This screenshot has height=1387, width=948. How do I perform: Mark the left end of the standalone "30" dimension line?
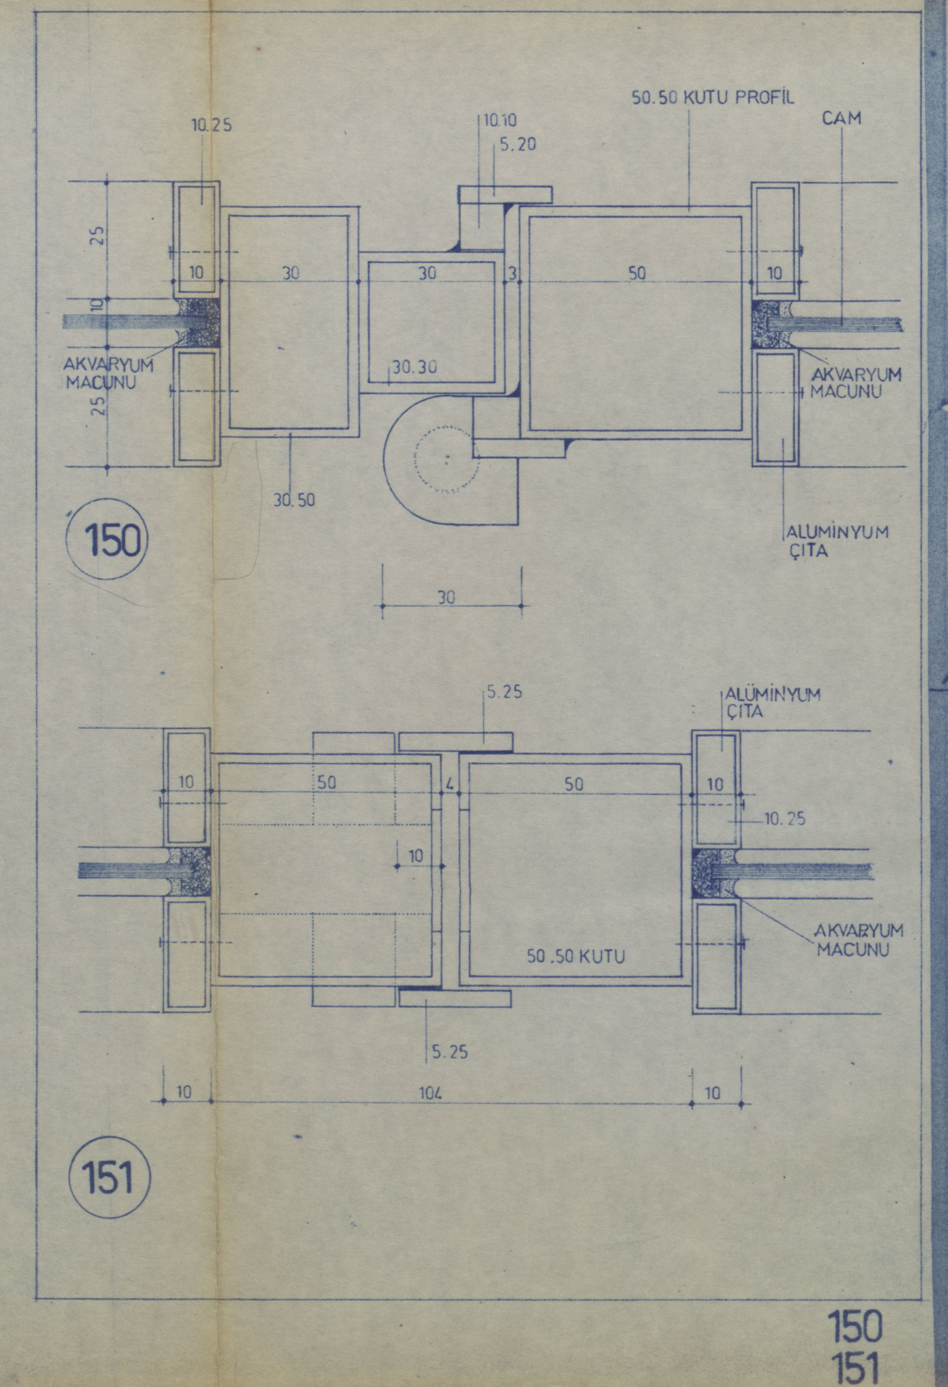click(x=382, y=606)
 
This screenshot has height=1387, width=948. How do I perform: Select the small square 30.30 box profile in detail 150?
click(x=432, y=322)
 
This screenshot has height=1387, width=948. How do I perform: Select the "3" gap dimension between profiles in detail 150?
click(x=512, y=274)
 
